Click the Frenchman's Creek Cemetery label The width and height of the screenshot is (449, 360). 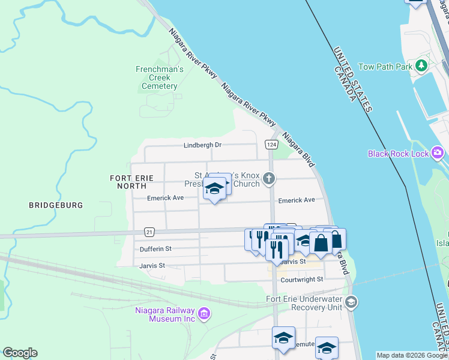(x=159, y=77)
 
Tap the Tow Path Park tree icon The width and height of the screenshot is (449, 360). (x=422, y=65)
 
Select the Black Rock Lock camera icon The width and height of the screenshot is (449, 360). (x=438, y=154)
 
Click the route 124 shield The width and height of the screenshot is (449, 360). (x=271, y=145)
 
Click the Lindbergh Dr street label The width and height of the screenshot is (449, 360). (x=202, y=145)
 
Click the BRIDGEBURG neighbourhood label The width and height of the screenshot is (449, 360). (x=56, y=205)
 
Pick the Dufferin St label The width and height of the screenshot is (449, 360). (x=155, y=248)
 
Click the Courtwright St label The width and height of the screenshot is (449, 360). (x=301, y=279)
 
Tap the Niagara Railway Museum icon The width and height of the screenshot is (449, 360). (x=203, y=313)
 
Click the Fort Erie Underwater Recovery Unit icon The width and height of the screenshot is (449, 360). (x=351, y=302)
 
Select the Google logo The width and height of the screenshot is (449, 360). (x=20, y=353)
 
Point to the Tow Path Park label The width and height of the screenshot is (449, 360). (x=385, y=67)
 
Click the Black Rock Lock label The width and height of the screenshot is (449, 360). (x=399, y=154)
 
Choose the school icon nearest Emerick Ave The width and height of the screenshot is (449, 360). (x=214, y=190)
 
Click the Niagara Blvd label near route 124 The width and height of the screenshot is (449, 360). (x=299, y=150)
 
